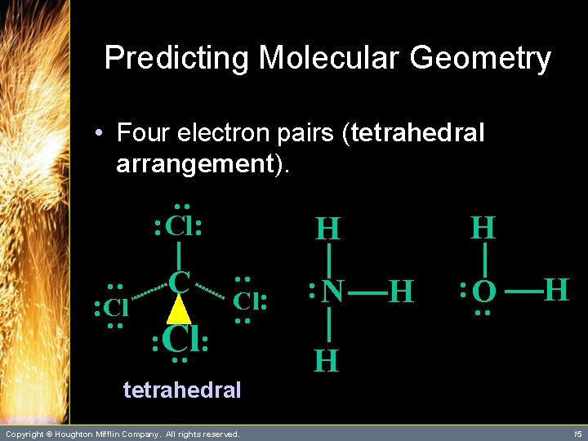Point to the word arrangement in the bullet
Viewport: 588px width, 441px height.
coord(194,163)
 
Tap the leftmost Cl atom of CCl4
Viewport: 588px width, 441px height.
coord(115,308)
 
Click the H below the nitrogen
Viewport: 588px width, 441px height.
coord(327,360)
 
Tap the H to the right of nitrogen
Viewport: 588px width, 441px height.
coord(402,291)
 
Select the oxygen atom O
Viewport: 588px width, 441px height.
coord(483,292)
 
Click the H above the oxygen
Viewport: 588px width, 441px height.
coord(483,227)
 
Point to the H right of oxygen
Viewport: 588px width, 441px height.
coord(555,289)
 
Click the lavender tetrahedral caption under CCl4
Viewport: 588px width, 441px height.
coord(181,390)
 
